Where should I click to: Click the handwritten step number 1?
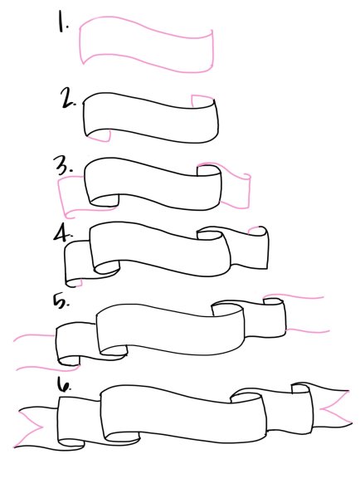62,21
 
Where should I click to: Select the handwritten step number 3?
65,165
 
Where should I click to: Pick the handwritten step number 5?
61,300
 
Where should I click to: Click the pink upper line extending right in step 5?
294,296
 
